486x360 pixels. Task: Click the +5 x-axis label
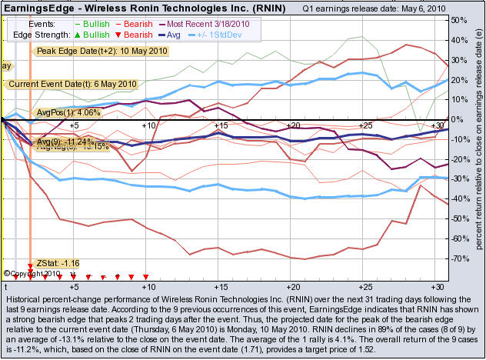coord(74,125)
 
